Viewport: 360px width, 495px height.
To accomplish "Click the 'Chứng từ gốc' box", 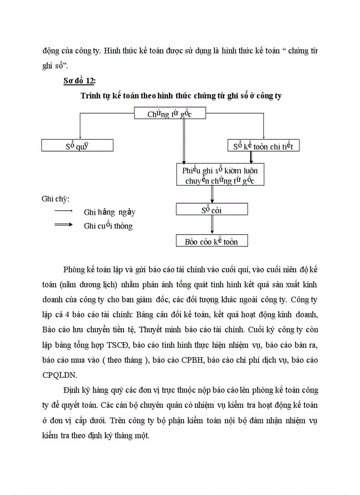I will (x=170, y=114).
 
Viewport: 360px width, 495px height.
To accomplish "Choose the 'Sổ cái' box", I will (x=212, y=209).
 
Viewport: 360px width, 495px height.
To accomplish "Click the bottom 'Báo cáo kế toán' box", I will (x=212, y=241).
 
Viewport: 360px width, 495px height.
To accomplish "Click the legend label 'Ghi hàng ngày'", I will (x=109, y=212).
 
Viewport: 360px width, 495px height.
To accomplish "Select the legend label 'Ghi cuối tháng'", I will (x=108, y=226).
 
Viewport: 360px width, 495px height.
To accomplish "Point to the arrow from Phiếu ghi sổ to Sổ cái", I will (x=212, y=194).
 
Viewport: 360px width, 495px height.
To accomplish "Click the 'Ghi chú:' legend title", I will (x=56, y=198).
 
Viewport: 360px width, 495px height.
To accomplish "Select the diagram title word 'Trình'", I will (x=91, y=96).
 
